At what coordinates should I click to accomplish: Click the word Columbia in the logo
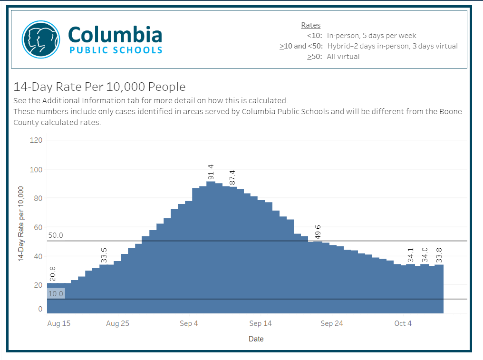point(115,35)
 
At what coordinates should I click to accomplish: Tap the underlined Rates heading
point(311,25)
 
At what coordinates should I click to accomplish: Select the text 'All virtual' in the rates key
point(343,57)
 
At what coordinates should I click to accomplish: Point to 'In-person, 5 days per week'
point(371,36)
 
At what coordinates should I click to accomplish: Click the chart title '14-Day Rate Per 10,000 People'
point(99,87)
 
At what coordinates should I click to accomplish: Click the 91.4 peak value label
point(211,173)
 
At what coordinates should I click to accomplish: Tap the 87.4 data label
point(232,177)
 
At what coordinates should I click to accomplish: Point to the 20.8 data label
point(53,274)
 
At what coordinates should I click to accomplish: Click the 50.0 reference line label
point(56,235)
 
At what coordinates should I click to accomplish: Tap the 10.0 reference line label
point(56,294)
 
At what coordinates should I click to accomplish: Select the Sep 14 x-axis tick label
point(261,323)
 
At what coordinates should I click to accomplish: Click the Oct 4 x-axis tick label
point(403,323)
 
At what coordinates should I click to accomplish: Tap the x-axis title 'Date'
point(256,339)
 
